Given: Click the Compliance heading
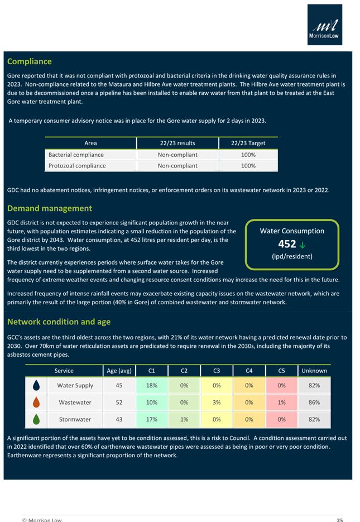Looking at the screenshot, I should click(x=29, y=61).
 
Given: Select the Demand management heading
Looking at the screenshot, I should click(x=49, y=208).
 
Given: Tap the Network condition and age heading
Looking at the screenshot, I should click(x=59, y=322).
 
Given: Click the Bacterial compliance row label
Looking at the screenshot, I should click(x=76, y=155).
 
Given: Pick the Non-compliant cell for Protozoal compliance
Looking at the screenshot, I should click(x=177, y=166).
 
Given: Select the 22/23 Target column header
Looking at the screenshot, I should click(x=248, y=143).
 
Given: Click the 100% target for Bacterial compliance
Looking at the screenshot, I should click(x=248, y=155).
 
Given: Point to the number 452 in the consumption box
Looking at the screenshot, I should click(x=287, y=244).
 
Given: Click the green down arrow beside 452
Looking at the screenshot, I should click(x=302, y=244).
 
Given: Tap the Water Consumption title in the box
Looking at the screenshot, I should click(x=292, y=231).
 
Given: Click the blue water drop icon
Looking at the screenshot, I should click(x=37, y=385).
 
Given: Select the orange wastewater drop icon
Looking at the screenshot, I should click(x=37, y=402).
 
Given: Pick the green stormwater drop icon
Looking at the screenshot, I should click(x=37, y=419).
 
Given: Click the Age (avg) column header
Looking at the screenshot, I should click(x=119, y=371).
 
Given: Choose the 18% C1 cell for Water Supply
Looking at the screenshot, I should click(x=151, y=385).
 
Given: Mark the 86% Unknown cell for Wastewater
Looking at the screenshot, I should click(x=314, y=402).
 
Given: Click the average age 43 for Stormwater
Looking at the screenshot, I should click(x=119, y=419).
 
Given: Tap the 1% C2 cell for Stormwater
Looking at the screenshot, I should click(x=184, y=419).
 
